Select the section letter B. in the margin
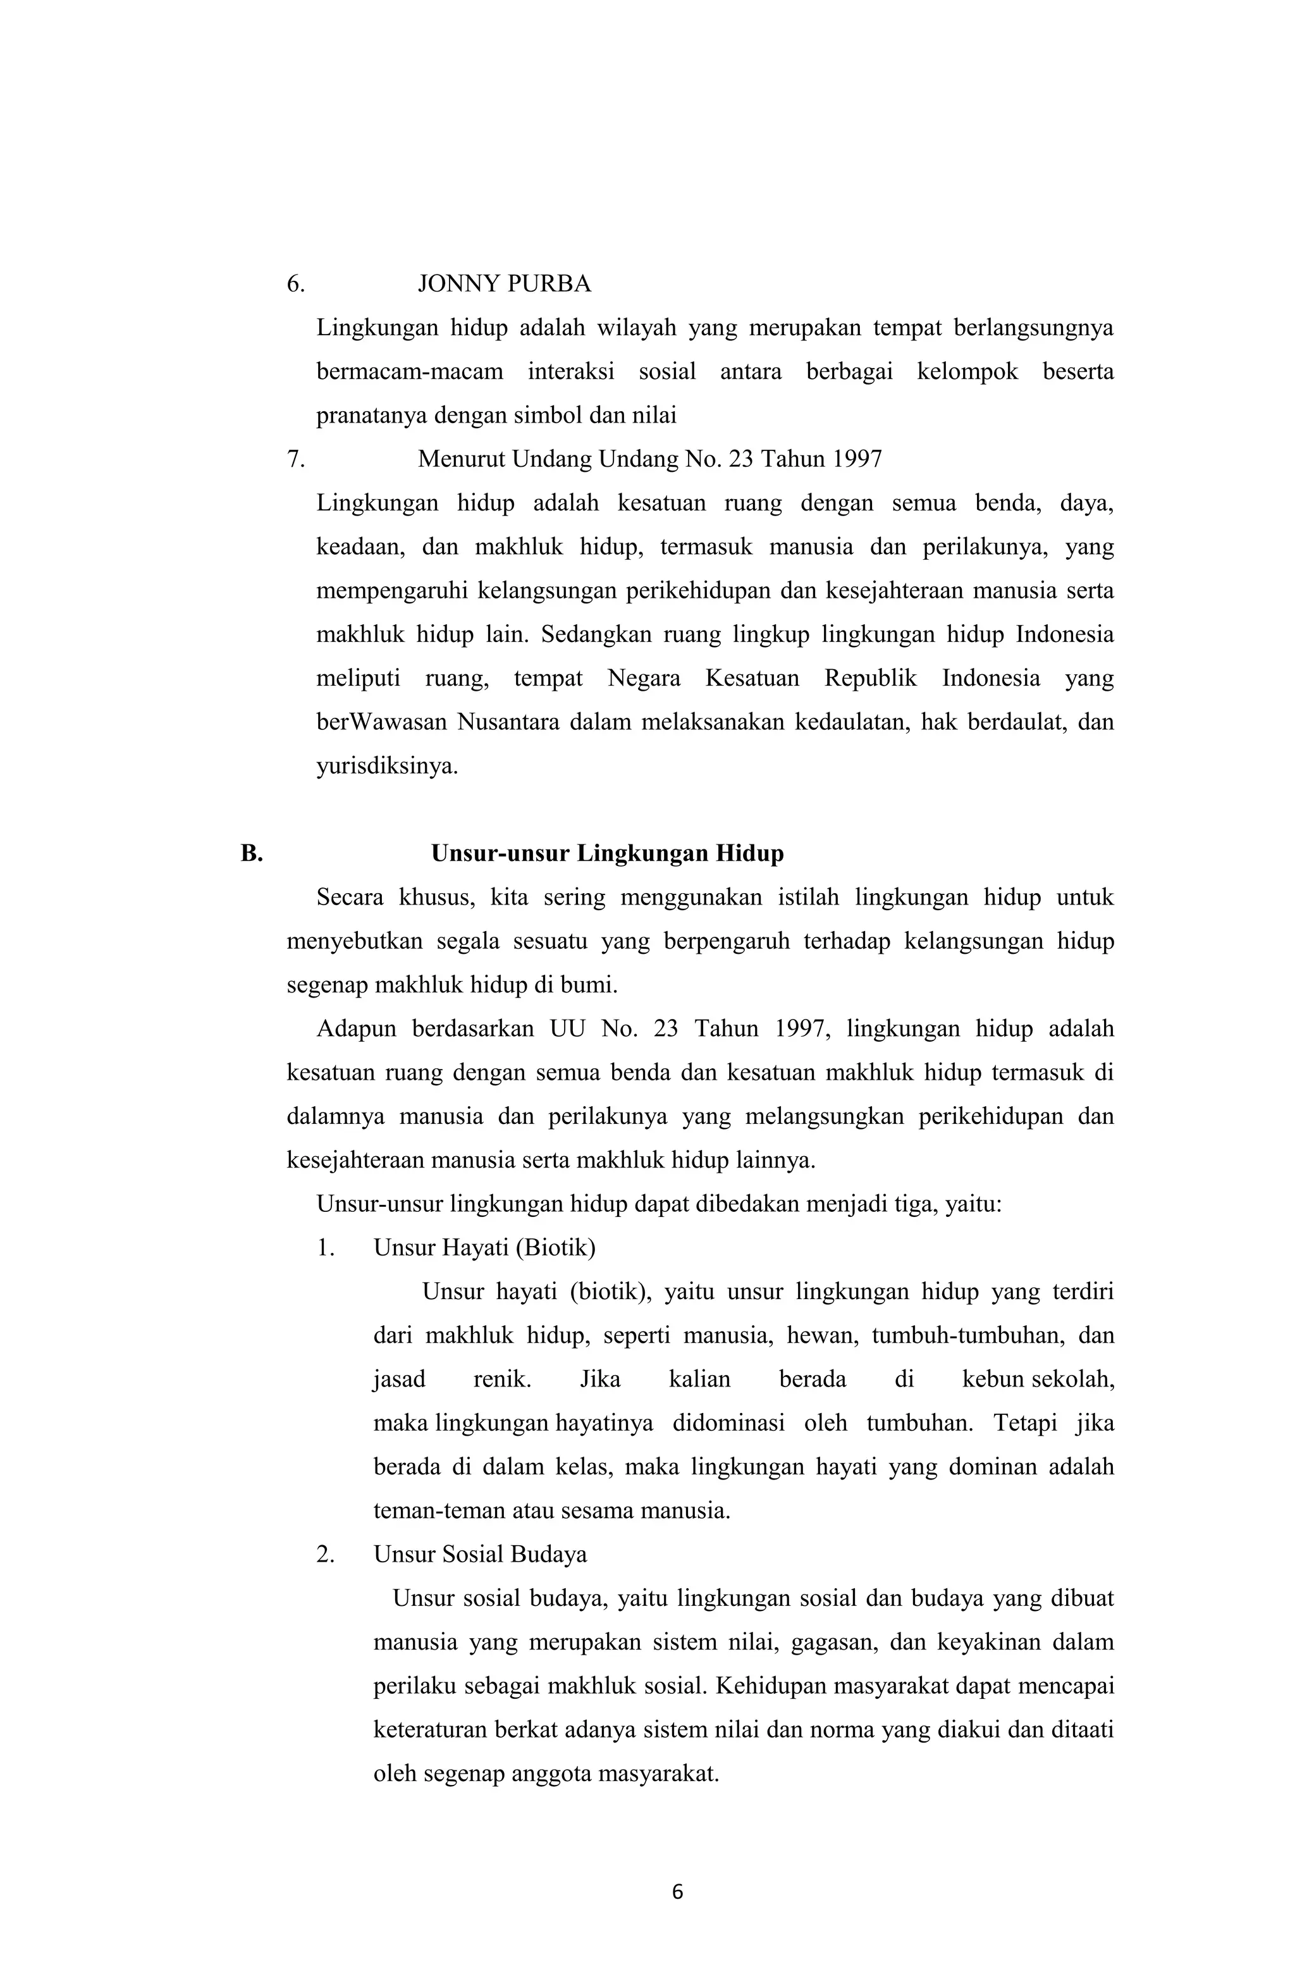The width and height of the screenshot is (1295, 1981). click(251, 854)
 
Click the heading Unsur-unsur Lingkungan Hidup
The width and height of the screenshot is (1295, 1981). click(607, 854)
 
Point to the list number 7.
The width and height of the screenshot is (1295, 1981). click(295, 459)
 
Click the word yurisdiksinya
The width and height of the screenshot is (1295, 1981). click(387, 766)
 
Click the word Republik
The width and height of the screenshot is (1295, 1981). click(871, 679)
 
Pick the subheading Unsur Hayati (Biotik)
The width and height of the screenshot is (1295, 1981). click(484, 1248)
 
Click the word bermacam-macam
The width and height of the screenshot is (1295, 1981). click(410, 372)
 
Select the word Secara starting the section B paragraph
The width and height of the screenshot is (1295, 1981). click(350, 898)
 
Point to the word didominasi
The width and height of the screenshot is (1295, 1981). click(728, 1423)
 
